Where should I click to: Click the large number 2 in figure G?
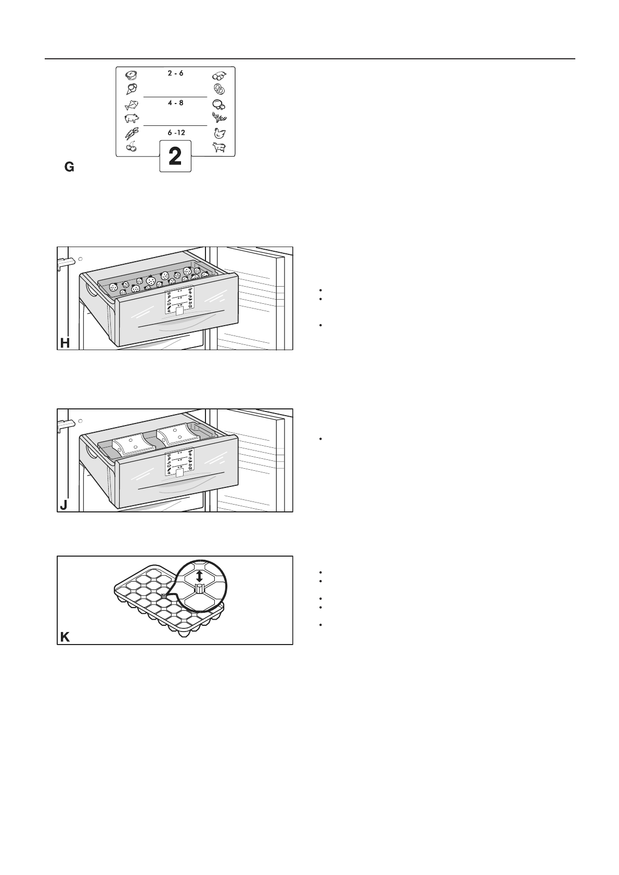coord(175,157)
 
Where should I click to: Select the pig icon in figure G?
coord(132,119)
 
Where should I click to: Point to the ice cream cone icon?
coord(131,88)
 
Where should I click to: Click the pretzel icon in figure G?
coord(218,89)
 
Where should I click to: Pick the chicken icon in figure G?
coord(219,133)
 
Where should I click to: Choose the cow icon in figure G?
coord(218,148)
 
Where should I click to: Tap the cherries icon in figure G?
coord(131,147)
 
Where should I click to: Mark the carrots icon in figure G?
coord(131,133)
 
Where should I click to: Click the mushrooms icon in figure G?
coord(219,104)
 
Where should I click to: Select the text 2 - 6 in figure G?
coord(175,74)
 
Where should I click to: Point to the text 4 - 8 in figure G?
coord(175,104)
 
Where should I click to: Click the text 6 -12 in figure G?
coord(176,133)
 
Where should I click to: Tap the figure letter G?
coord(69,167)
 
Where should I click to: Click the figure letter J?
coord(63,505)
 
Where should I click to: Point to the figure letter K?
coord(65,637)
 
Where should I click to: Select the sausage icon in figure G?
coord(218,74)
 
